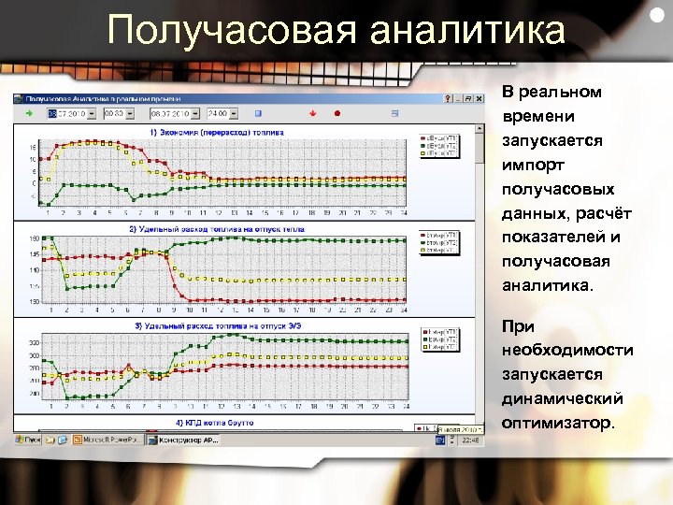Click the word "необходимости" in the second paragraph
567,351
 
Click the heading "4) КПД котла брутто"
215,424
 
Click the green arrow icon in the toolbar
29,113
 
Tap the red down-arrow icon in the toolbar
313,113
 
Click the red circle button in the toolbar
337,113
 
